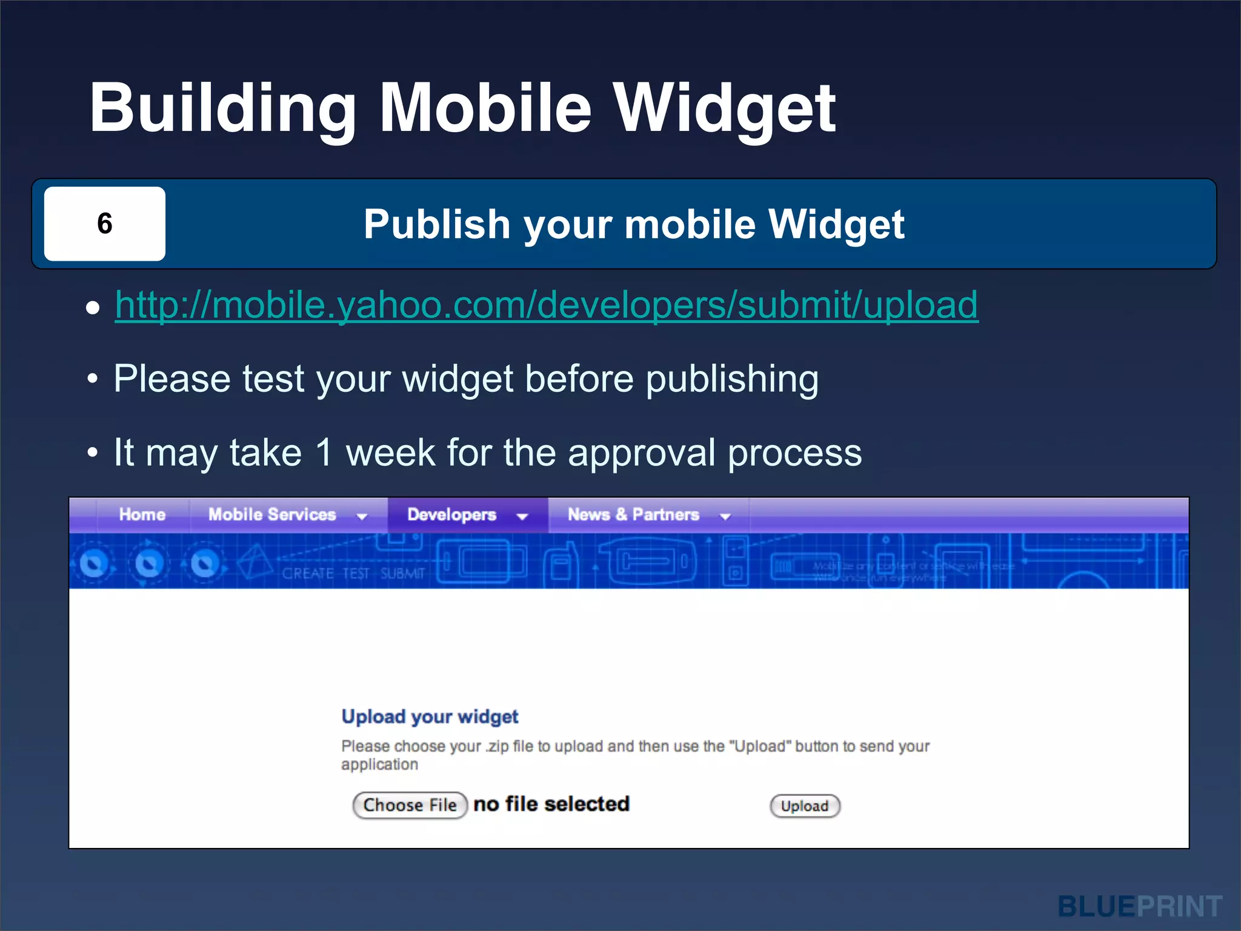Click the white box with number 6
click(104, 224)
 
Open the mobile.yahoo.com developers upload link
click(546, 304)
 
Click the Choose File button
click(410, 806)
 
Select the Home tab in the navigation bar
click(142, 515)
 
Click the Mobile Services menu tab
click(272, 515)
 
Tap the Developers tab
click(451, 515)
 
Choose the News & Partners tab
click(633, 515)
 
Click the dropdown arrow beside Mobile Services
click(362, 516)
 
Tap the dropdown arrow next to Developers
click(522, 516)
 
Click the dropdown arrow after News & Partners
click(725, 516)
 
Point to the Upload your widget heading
click(430, 716)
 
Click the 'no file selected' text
click(551, 804)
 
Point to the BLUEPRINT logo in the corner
click(1140, 907)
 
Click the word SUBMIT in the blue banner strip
click(403, 573)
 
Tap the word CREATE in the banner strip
click(308, 573)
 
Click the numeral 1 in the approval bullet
click(324, 452)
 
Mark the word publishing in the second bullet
click(732, 379)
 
